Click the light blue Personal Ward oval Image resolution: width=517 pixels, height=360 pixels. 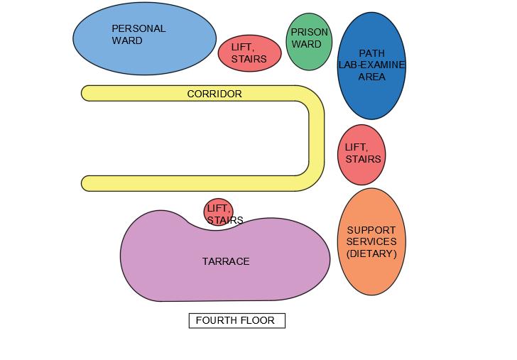click(x=144, y=39)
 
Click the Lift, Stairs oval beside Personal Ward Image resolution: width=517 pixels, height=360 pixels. click(x=249, y=53)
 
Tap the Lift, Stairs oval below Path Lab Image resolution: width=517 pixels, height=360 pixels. click(x=362, y=154)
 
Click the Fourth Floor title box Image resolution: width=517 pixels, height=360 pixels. click(x=236, y=321)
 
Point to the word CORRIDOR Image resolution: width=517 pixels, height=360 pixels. click(x=214, y=94)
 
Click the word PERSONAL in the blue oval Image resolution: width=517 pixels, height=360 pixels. click(x=138, y=28)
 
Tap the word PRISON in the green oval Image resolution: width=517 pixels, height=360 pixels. click(x=309, y=32)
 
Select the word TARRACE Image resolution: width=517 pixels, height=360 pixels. click(x=226, y=261)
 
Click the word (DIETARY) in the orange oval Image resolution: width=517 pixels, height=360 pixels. click(x=371, y=253)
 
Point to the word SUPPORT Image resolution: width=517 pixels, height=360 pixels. click(x=371, y=230)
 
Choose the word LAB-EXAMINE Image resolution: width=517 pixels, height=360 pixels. click(x=371, y=65)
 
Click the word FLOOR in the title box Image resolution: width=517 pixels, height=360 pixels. click(x=257, y=321)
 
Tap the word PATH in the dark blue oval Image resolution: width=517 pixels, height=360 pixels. click(x=371, y=53)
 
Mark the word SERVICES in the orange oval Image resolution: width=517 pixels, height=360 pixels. click(x=371, y=241)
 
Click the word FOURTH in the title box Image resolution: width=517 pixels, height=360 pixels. click(x=216, y=321)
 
